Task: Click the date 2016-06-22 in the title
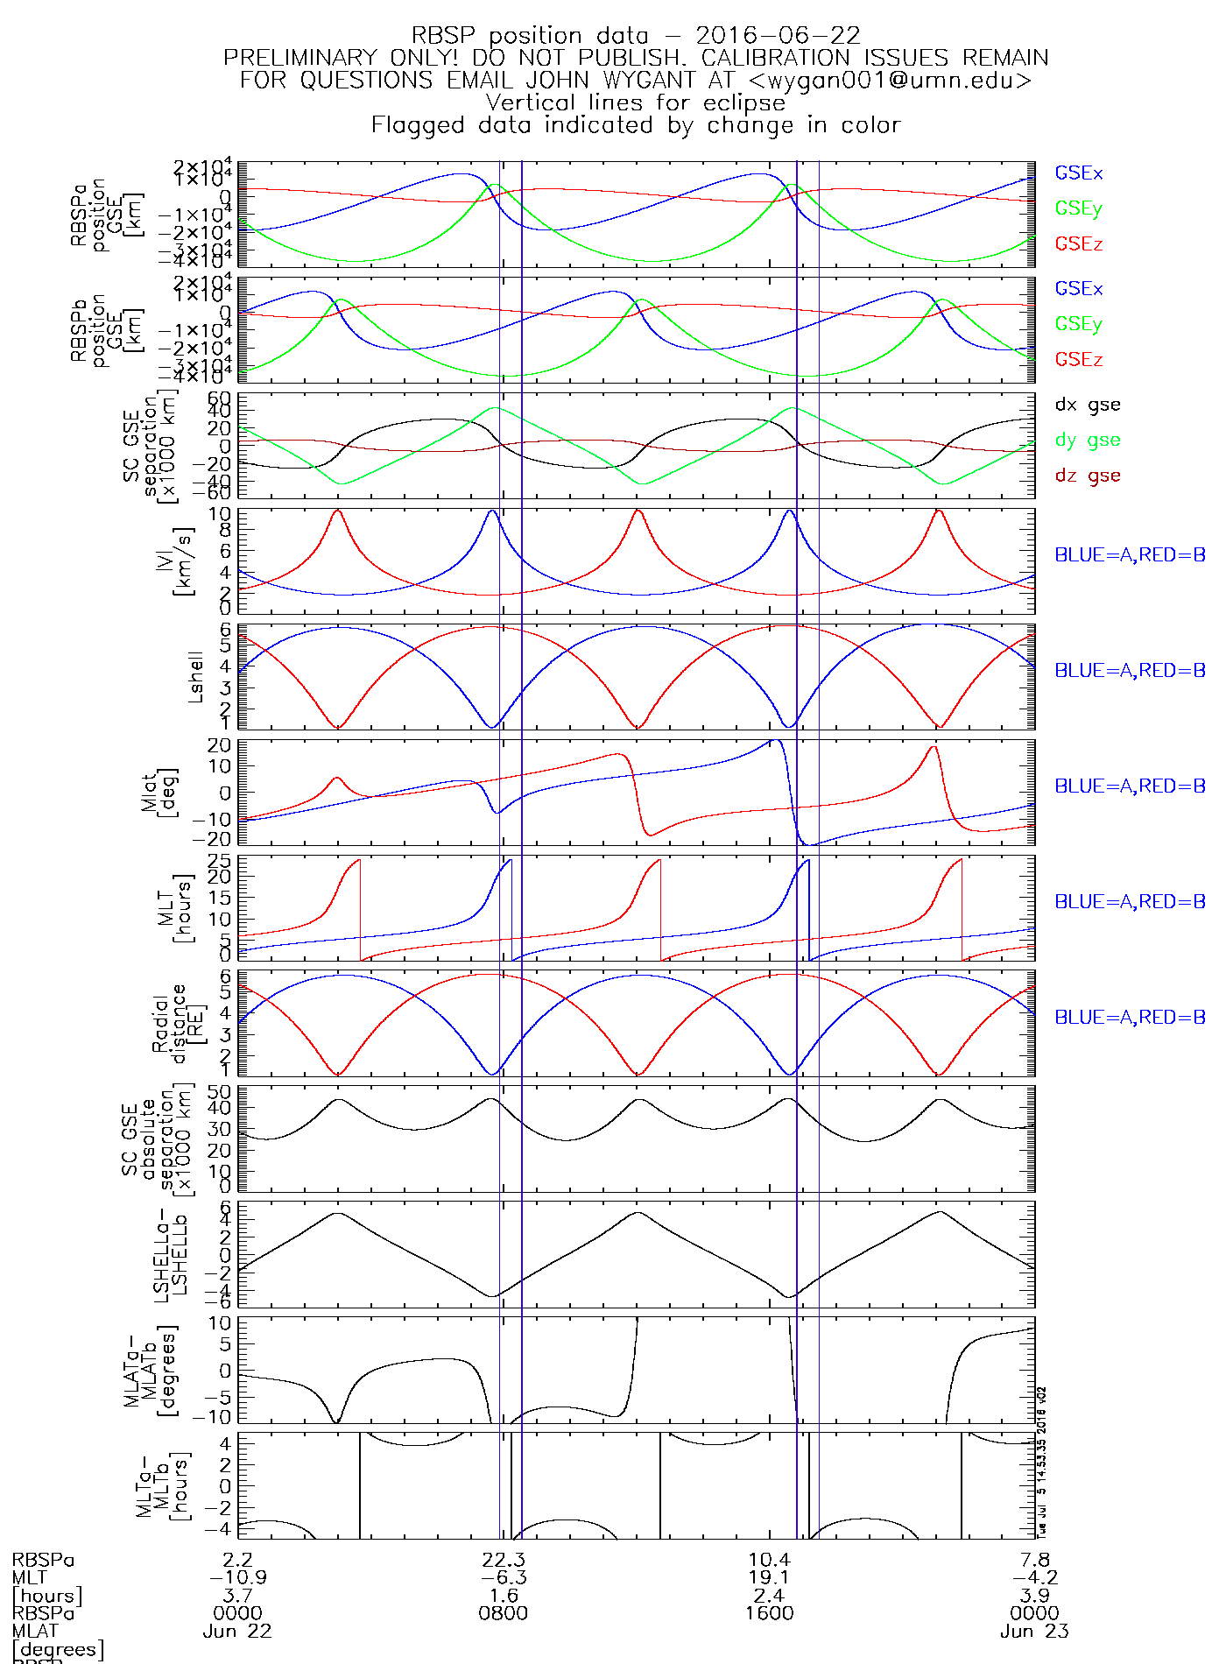point(778,36)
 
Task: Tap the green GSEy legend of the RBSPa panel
point(1078,208)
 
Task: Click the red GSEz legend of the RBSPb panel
point(1078,359)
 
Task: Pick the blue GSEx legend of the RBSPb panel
point(1078,288)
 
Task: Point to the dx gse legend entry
point(1087,405)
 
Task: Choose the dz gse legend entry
point(1087,476)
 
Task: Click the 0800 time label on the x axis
point(504,1613)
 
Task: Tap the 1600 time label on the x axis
point(770,1613)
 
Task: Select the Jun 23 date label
point(1034,1632)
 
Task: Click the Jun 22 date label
point(237,1632)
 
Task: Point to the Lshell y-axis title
point(195,677)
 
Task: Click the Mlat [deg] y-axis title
point(159,792)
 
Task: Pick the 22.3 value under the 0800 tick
point(504,1560)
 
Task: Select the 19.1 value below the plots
point(770,1577)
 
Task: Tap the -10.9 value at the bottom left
point(237,1577)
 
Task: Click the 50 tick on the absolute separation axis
point(219,1092)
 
